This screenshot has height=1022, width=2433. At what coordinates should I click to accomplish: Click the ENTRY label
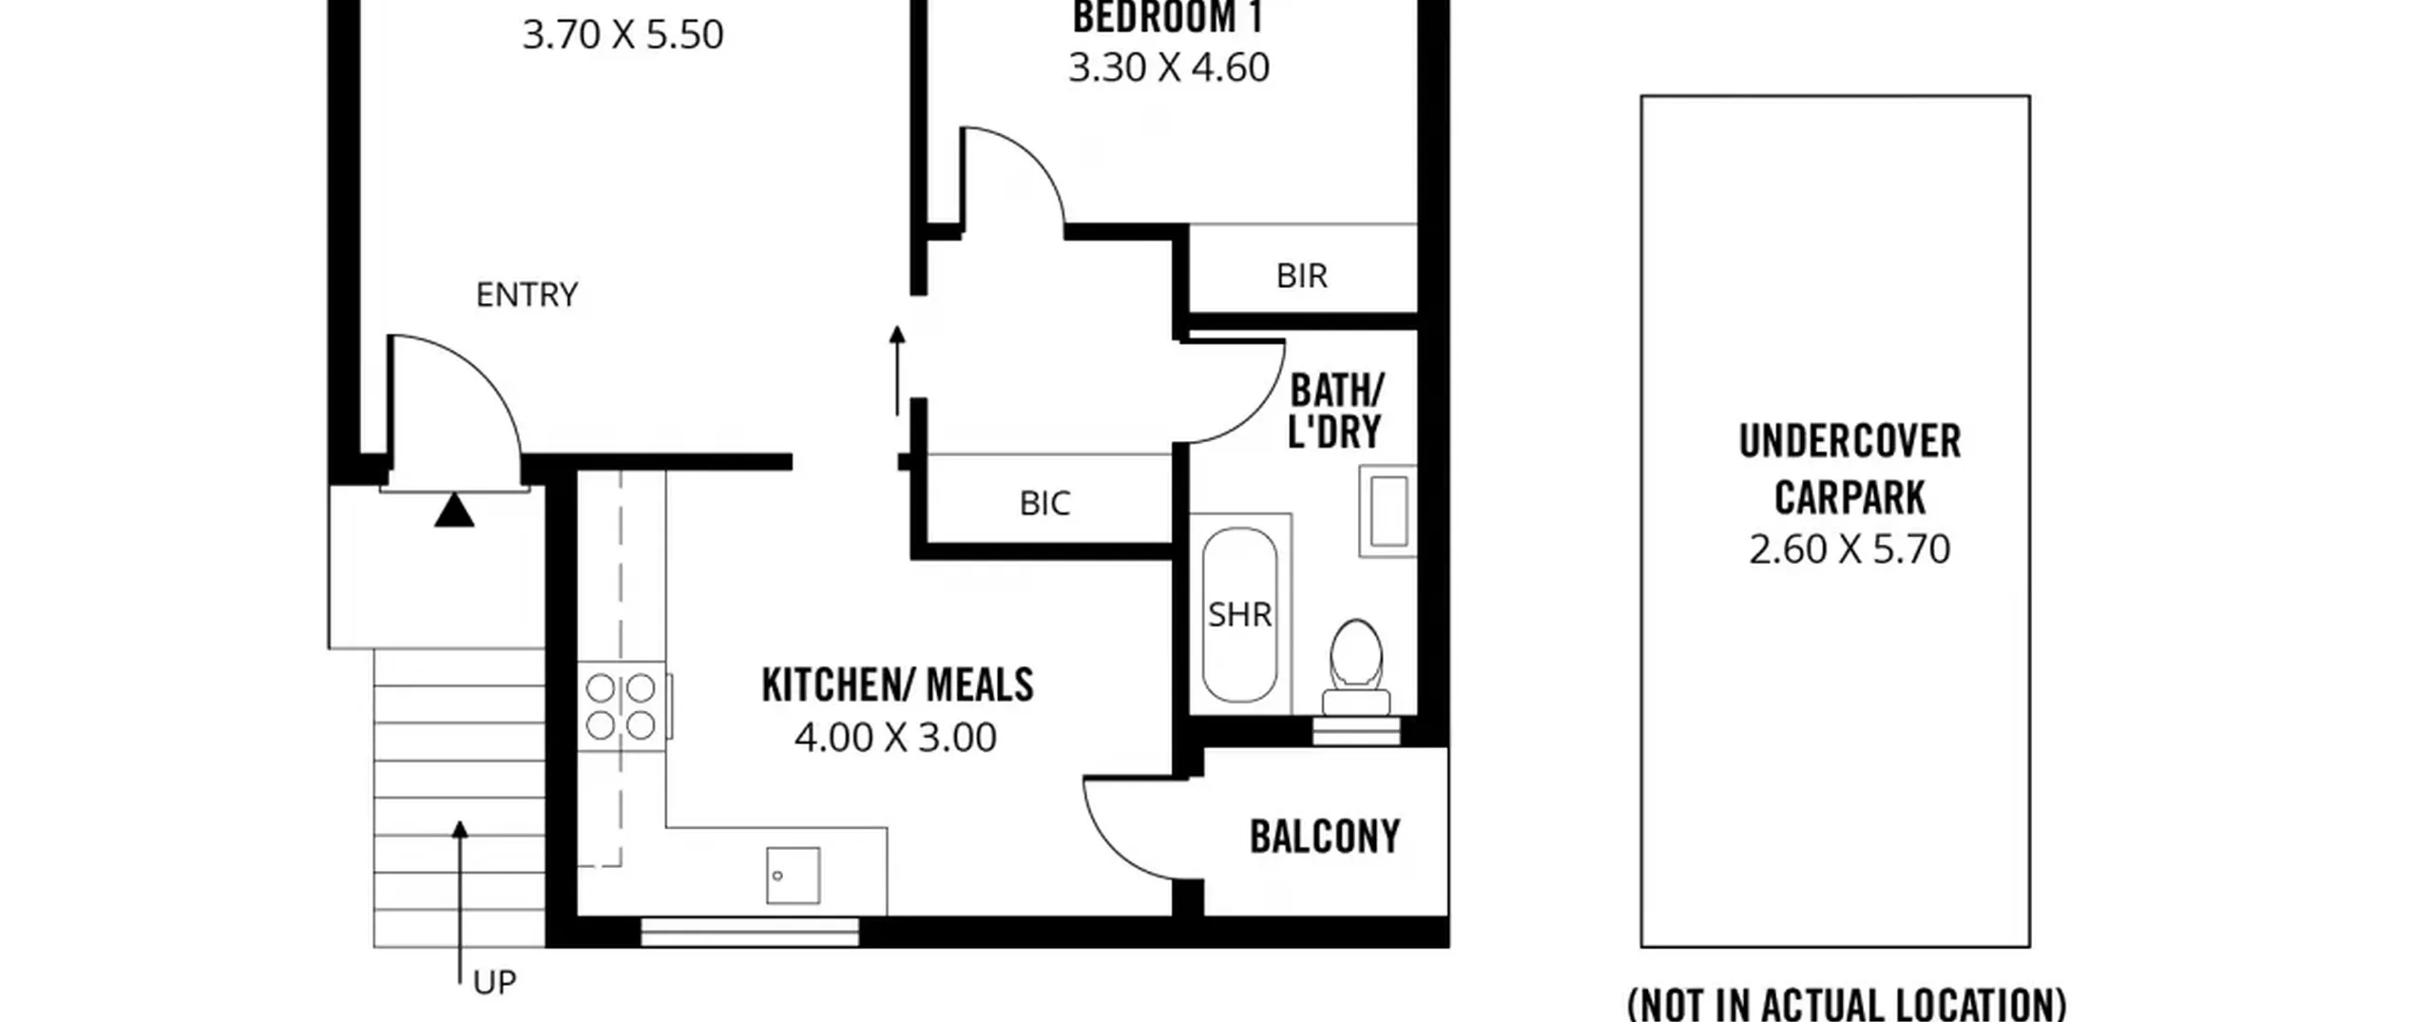(x=527, y=295)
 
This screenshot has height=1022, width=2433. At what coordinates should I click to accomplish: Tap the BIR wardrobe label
(x=1301, y=276)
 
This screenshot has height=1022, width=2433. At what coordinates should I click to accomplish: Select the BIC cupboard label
(x=1044, y=503)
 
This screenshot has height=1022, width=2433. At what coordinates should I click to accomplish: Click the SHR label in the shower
(x=1239, y=615)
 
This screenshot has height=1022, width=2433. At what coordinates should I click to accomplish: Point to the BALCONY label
(x=1325, y=838)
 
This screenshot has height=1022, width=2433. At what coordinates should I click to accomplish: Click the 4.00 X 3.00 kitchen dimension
(x=895, y=738)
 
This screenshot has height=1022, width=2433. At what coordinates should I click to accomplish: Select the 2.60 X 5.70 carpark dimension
(x=1849, y=550)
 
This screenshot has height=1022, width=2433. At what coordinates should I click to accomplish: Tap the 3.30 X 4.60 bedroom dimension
(x=1169, y=67)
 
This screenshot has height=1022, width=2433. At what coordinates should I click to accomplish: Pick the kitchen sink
(x=794, y=876)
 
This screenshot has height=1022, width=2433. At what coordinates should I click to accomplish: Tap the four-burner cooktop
(x=621, y=706)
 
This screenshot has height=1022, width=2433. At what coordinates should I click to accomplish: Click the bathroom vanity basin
(x=1388, y=511)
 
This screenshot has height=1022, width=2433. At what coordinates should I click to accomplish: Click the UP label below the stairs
(x=494, y=983)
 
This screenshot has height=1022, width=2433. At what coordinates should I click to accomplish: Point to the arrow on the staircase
(x=460, y=903)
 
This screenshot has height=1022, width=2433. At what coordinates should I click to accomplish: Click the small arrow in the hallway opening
(x=896, y=371)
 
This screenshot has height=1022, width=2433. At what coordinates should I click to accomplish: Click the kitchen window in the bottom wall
(x=750, y=932)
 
